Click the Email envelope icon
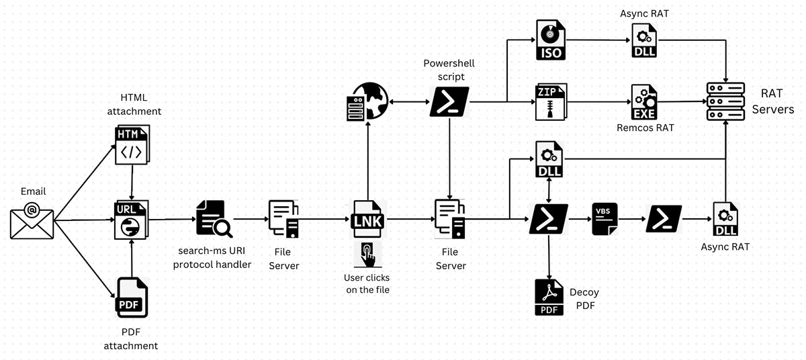pyautogui.click(x=31, y=219)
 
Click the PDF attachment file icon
pyautogui.click(x=132, y=297)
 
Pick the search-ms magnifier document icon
pyautogui.click(x=214, y=219)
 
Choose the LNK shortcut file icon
pyautogui.click(x=367, y=219)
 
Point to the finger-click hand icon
pyautogui.click(x=367, y=254)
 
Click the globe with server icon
pyautogui.click(x=367, y=101)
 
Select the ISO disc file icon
pyautogui.click(x=551, y=40)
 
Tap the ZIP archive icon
pyautogui.click(x=551, y=101)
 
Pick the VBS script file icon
pyautogui.click(x=604, y=219)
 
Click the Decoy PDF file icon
pyautogui.click(x=549, y=298)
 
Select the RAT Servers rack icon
pyautogui.click(x=726, y=101)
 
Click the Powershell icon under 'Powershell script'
pyautogui.click(x=449, y=101)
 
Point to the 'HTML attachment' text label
pyautogui.click(x=141, y=105)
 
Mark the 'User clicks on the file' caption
pyautogui.click(x=367, y=283)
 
